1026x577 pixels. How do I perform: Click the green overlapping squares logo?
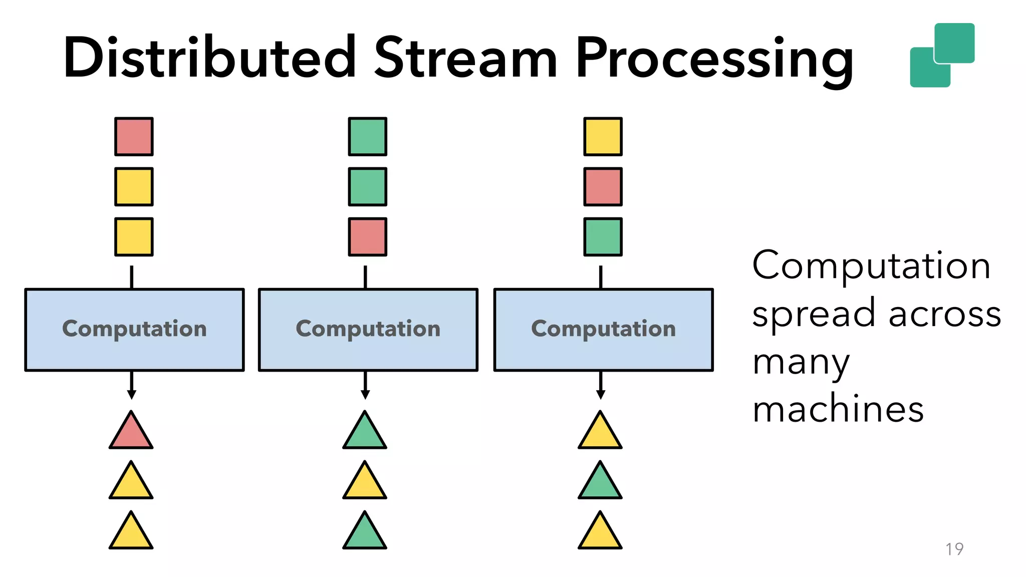coord(942,55)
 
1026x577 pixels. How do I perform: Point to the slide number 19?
coord(954,549)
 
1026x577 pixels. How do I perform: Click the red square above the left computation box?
coord(134,137)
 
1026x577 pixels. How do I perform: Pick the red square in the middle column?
coord(368,237)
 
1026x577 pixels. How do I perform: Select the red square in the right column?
coord(603,187)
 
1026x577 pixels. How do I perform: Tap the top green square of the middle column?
coord(368,137)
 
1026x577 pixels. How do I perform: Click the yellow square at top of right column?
coord(603,137)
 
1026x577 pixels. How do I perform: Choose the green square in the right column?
coord(603,237)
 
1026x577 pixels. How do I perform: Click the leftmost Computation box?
coord(134,330)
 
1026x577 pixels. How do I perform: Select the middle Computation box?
coord(368,330)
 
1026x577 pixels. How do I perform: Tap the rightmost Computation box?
coord(603,330)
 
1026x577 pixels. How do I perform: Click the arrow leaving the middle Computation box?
coord(365,386)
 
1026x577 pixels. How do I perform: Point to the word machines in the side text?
coord(838,409)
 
